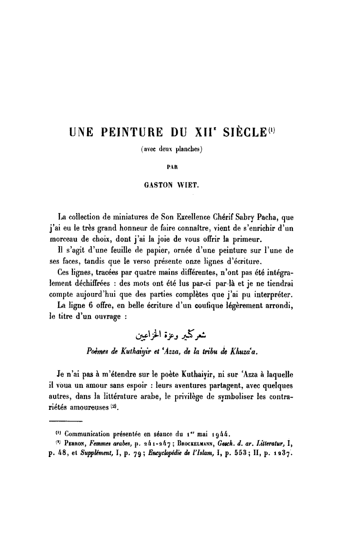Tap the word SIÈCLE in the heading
(x=246, y=132)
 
